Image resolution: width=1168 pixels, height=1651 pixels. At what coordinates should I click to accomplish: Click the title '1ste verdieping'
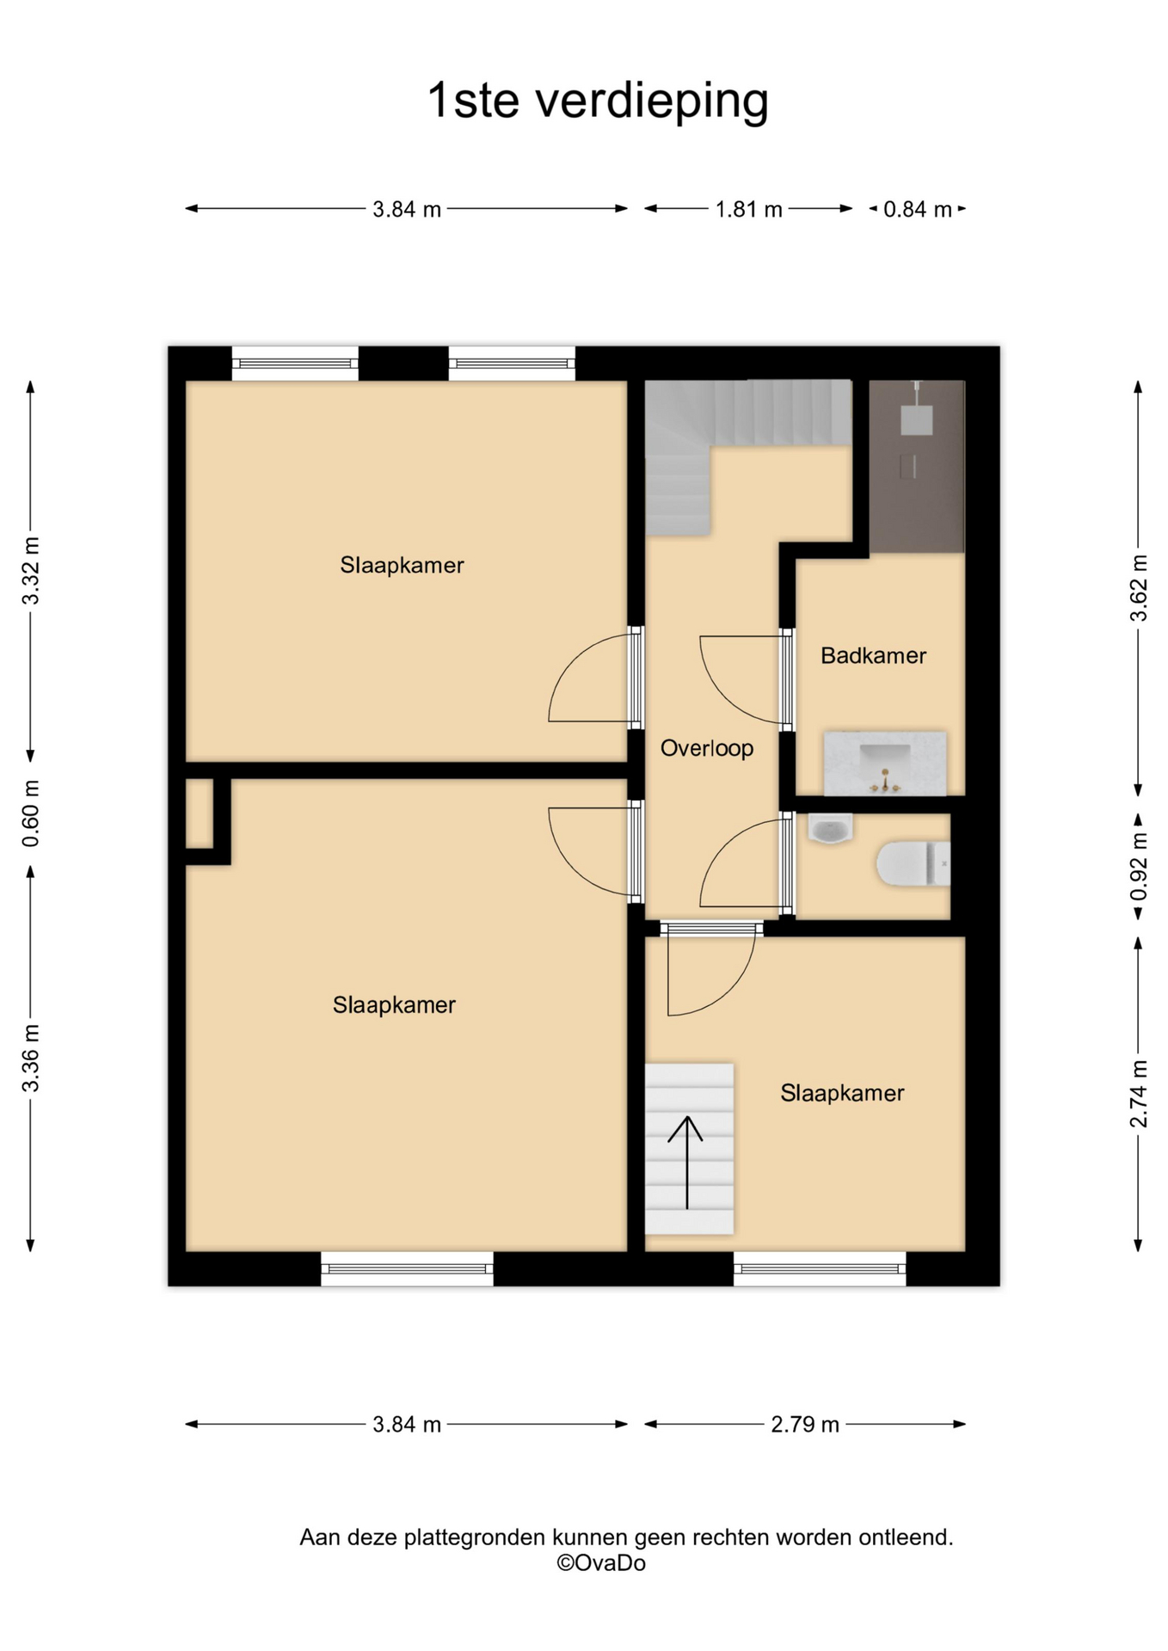[x=598, y=101]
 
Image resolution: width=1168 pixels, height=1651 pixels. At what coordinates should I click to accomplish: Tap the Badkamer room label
[x=873, y=656]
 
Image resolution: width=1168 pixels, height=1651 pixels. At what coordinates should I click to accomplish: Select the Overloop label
[x=706, y=749]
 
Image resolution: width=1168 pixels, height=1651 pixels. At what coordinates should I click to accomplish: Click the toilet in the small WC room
[x=913, y=863]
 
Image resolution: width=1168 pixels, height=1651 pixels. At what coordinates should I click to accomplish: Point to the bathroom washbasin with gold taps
[x=885, y=764]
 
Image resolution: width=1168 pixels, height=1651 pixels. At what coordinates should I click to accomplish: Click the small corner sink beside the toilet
[x=830, y=829]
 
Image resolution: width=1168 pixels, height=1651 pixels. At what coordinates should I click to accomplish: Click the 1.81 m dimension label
[x=748, y=209]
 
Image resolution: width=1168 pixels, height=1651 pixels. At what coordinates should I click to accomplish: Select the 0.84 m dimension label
[x=918, y=209]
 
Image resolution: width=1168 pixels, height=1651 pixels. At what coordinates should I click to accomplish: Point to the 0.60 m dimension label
[x=31, y=813]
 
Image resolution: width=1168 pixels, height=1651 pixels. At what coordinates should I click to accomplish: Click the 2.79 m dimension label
[x=804, y=1425]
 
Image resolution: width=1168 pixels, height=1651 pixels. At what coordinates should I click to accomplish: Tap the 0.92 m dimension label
[x=1139, y=867]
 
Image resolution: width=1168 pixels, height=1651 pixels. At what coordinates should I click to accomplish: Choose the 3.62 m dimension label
[x=1139, y=588]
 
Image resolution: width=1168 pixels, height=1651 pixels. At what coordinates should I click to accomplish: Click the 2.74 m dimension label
[x=1139, y=1094]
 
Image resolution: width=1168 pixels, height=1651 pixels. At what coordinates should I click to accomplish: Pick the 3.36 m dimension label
[x=31, y=1059]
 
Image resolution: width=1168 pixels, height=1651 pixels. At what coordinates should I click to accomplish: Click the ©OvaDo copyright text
[x=600, y=1562]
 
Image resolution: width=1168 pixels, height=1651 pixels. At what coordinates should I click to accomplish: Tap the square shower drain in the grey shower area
[x=916, y=420]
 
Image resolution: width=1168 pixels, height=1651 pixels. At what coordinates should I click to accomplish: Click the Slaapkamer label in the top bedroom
[x=402, y=566]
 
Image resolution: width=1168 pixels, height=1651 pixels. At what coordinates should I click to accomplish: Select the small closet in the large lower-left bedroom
[x=200, y=813]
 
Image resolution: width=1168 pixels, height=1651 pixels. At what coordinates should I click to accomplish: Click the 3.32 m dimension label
[x=31, y=571]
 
